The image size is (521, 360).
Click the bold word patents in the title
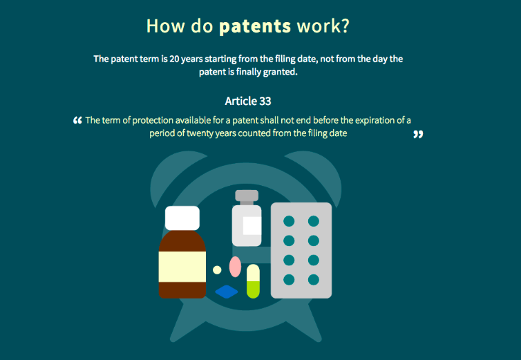pos(255,26)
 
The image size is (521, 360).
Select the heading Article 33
pos(248,101)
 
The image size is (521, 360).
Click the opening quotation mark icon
pos(77,120)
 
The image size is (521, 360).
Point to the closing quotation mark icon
pos(418,134)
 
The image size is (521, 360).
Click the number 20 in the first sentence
pos(174,59)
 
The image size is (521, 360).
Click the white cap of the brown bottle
pos(182,218)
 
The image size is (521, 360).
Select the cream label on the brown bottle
pos(182,267)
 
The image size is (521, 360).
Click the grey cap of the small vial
pos(247,196)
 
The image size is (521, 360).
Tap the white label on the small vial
pos(252,226)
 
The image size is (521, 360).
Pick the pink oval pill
pos(235,267)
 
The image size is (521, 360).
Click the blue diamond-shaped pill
pos(227,292)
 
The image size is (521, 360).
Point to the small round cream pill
pos(217,270)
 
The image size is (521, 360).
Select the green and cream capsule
pos(253,281)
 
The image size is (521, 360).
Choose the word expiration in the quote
pos(373,120)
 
